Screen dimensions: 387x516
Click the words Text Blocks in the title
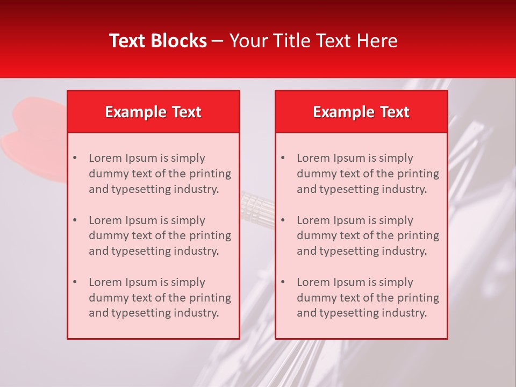click(x=157, y=41)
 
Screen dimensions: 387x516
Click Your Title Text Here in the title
click(x=313, y=41)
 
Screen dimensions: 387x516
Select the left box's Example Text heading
click(x=153, y=112)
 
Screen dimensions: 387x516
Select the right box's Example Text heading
click(x=361, y=112)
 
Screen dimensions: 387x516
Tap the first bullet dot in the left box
click(x=75, y=158)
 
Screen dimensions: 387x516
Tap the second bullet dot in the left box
click(x=75, y=220)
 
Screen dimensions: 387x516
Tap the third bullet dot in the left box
click(x=75, y=282)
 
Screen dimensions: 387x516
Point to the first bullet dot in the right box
click(x=283, y=158)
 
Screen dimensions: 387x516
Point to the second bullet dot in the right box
click(x=283, y=220)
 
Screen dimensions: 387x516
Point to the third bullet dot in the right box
click(x=283, y=282)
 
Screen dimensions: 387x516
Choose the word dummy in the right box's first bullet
click(x=314, y=174)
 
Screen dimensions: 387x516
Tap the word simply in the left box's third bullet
click(x=189, y=282)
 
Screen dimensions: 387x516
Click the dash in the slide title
click(x=218, y=41)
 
